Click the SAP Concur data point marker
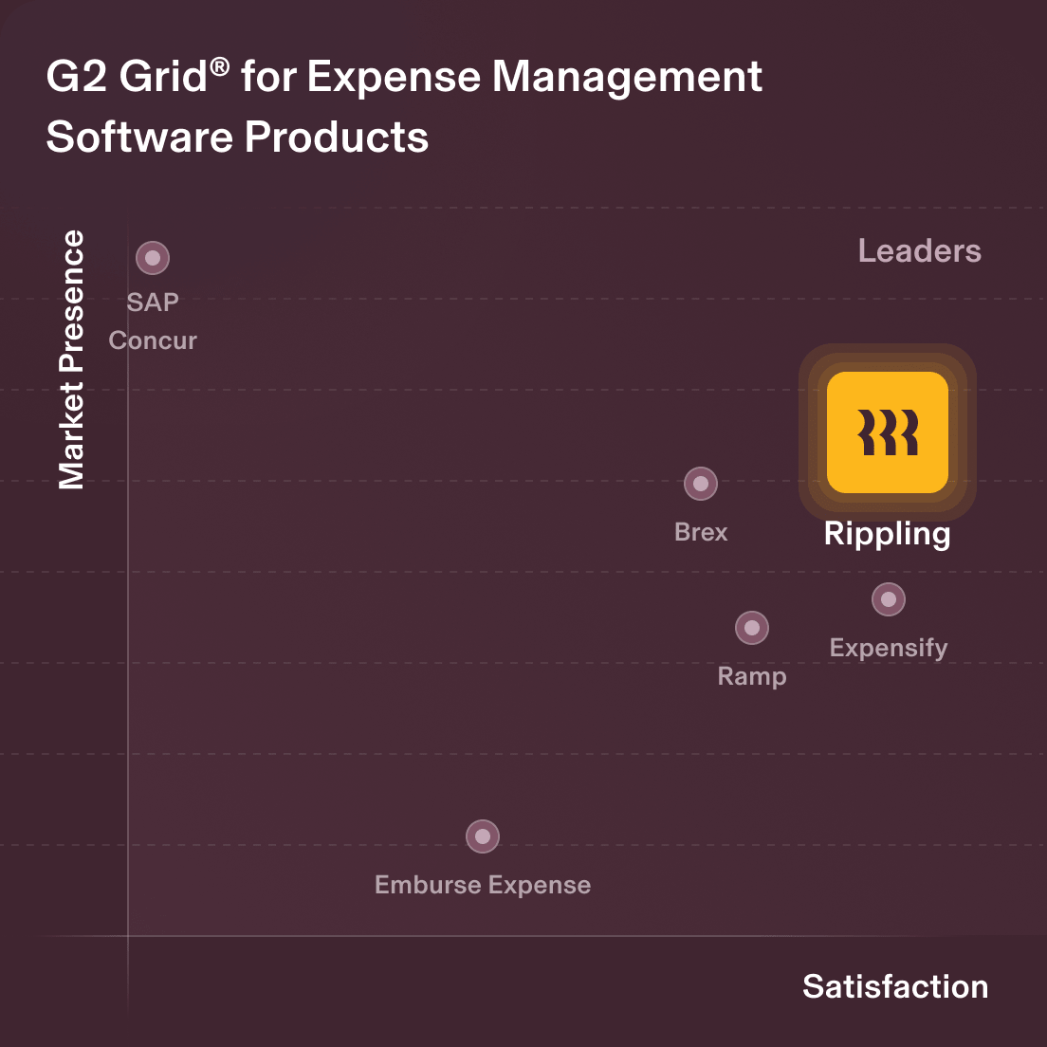coord(153,258)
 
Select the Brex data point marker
coord(701,484)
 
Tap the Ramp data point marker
coord(752,628)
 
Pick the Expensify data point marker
coord(889,599)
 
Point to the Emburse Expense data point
coord(483,836)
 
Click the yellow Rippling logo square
coord(888,432)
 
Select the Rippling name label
coord(887,534)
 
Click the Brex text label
coord(701,532)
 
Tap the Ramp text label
coord(752,676)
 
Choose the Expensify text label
coord(889,648)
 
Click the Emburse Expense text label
coord(483,885)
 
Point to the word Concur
coord(153,340)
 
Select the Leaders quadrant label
coord(919,250)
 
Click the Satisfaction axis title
coord(895,986)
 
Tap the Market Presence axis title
coord(72,360)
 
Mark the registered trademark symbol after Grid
coord(220,64)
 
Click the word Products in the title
coord(337,138)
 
